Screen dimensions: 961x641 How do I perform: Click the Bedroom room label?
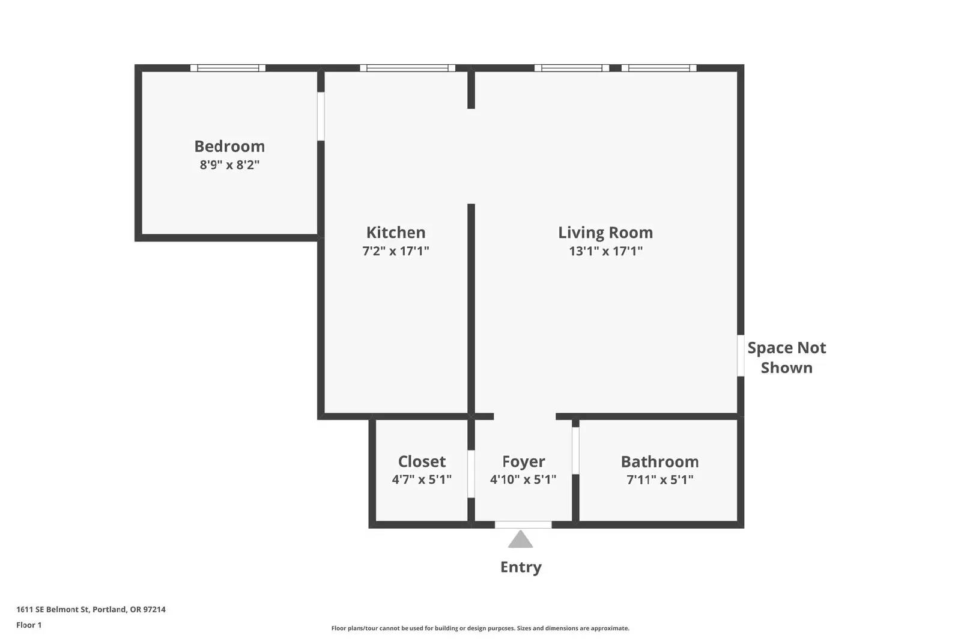click(x=229, y=147)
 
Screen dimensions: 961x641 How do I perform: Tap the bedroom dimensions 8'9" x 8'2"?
click(x=229, y=165)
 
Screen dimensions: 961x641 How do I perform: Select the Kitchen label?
click(x=396, y=232)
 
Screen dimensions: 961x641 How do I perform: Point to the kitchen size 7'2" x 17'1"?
click(x=396, y=251)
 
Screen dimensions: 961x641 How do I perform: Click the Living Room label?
click(x=605, y=232)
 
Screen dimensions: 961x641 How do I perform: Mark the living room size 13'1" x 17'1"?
click(x=605, y=251)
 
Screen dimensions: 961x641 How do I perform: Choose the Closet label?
click(x=422, y=461)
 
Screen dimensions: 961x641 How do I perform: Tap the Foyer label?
click(x=523, y=461)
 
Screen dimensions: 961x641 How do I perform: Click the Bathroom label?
click(x=660, y=461)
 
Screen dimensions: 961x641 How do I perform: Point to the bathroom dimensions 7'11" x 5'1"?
click(x=660, y=479)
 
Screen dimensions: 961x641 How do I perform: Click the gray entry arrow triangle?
click(x=520, y=539)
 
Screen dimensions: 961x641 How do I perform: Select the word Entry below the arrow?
click(x=521, y=567)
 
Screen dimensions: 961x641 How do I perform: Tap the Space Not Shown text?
click(x=786, y=357)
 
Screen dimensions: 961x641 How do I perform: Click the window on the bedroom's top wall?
click(x=228, y=68)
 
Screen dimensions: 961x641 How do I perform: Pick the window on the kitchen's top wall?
click(x=407, y=68)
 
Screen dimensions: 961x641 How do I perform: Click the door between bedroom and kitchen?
click(x=321, y=117)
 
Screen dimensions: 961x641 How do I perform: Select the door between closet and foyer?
click(x=471, y=473)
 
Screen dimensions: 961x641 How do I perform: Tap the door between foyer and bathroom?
click(x=576, y=451)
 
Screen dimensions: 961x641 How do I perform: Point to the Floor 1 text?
click(x=29, y=625)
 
